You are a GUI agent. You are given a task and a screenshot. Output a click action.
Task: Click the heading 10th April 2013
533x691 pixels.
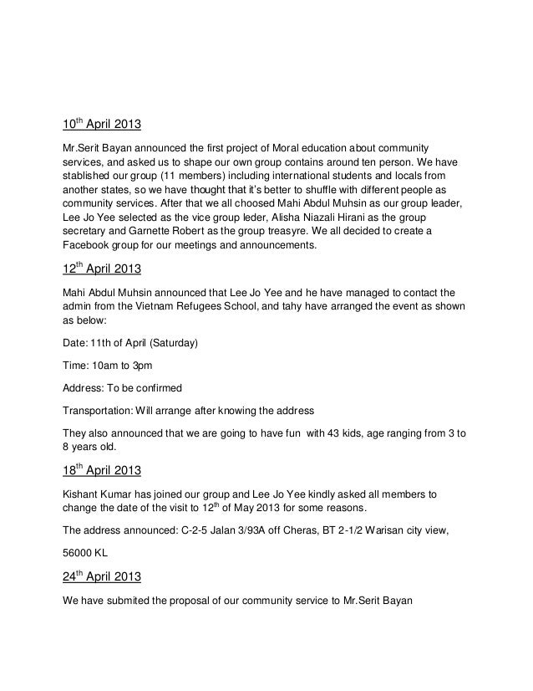(x=102, y=127)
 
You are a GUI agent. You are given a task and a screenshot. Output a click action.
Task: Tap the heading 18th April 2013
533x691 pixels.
(x=102, y=469)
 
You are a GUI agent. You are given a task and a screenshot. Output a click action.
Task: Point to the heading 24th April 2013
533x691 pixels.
(x=102, y=577)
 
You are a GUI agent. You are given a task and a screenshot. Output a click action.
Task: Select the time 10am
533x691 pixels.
(x=108, y=366)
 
